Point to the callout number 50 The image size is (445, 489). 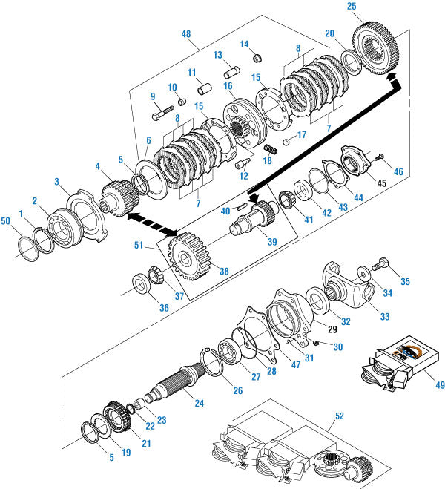click(x=7, y=223)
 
